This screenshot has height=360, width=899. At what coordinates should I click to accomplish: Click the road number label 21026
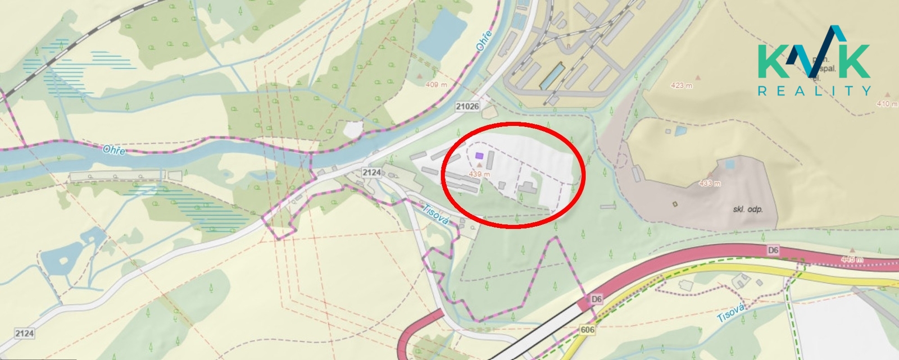(x=467, y=106)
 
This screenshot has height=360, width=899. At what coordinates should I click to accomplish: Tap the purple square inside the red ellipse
(x=479, y=156)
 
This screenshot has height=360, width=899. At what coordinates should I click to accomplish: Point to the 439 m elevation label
(x=479, y=174)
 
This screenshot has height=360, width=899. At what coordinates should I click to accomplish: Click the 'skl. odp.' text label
(x=748, y=209)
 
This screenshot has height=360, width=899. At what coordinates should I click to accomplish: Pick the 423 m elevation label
(x=681, y=85)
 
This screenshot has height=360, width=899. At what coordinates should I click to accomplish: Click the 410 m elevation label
(x=887, y=103)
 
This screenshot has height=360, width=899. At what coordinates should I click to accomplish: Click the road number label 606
(x=588, y=330)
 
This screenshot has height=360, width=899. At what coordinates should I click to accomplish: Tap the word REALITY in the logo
(x=814, y=90)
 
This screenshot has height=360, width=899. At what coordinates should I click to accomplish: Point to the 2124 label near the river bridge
(x=371, y=172)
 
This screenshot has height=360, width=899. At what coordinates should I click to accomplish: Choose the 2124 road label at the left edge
(x=24, y=334)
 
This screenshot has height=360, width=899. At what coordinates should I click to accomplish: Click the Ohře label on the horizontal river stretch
(x=114, y=150)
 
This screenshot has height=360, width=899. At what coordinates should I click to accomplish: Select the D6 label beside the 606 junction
(x=596, y=299)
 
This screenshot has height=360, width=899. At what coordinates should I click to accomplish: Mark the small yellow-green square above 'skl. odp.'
(x=675, y=203)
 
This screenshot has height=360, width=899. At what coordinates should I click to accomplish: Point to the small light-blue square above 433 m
(x=729, y=164)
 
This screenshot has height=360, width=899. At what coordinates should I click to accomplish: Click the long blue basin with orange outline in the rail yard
(x=552, y=76)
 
